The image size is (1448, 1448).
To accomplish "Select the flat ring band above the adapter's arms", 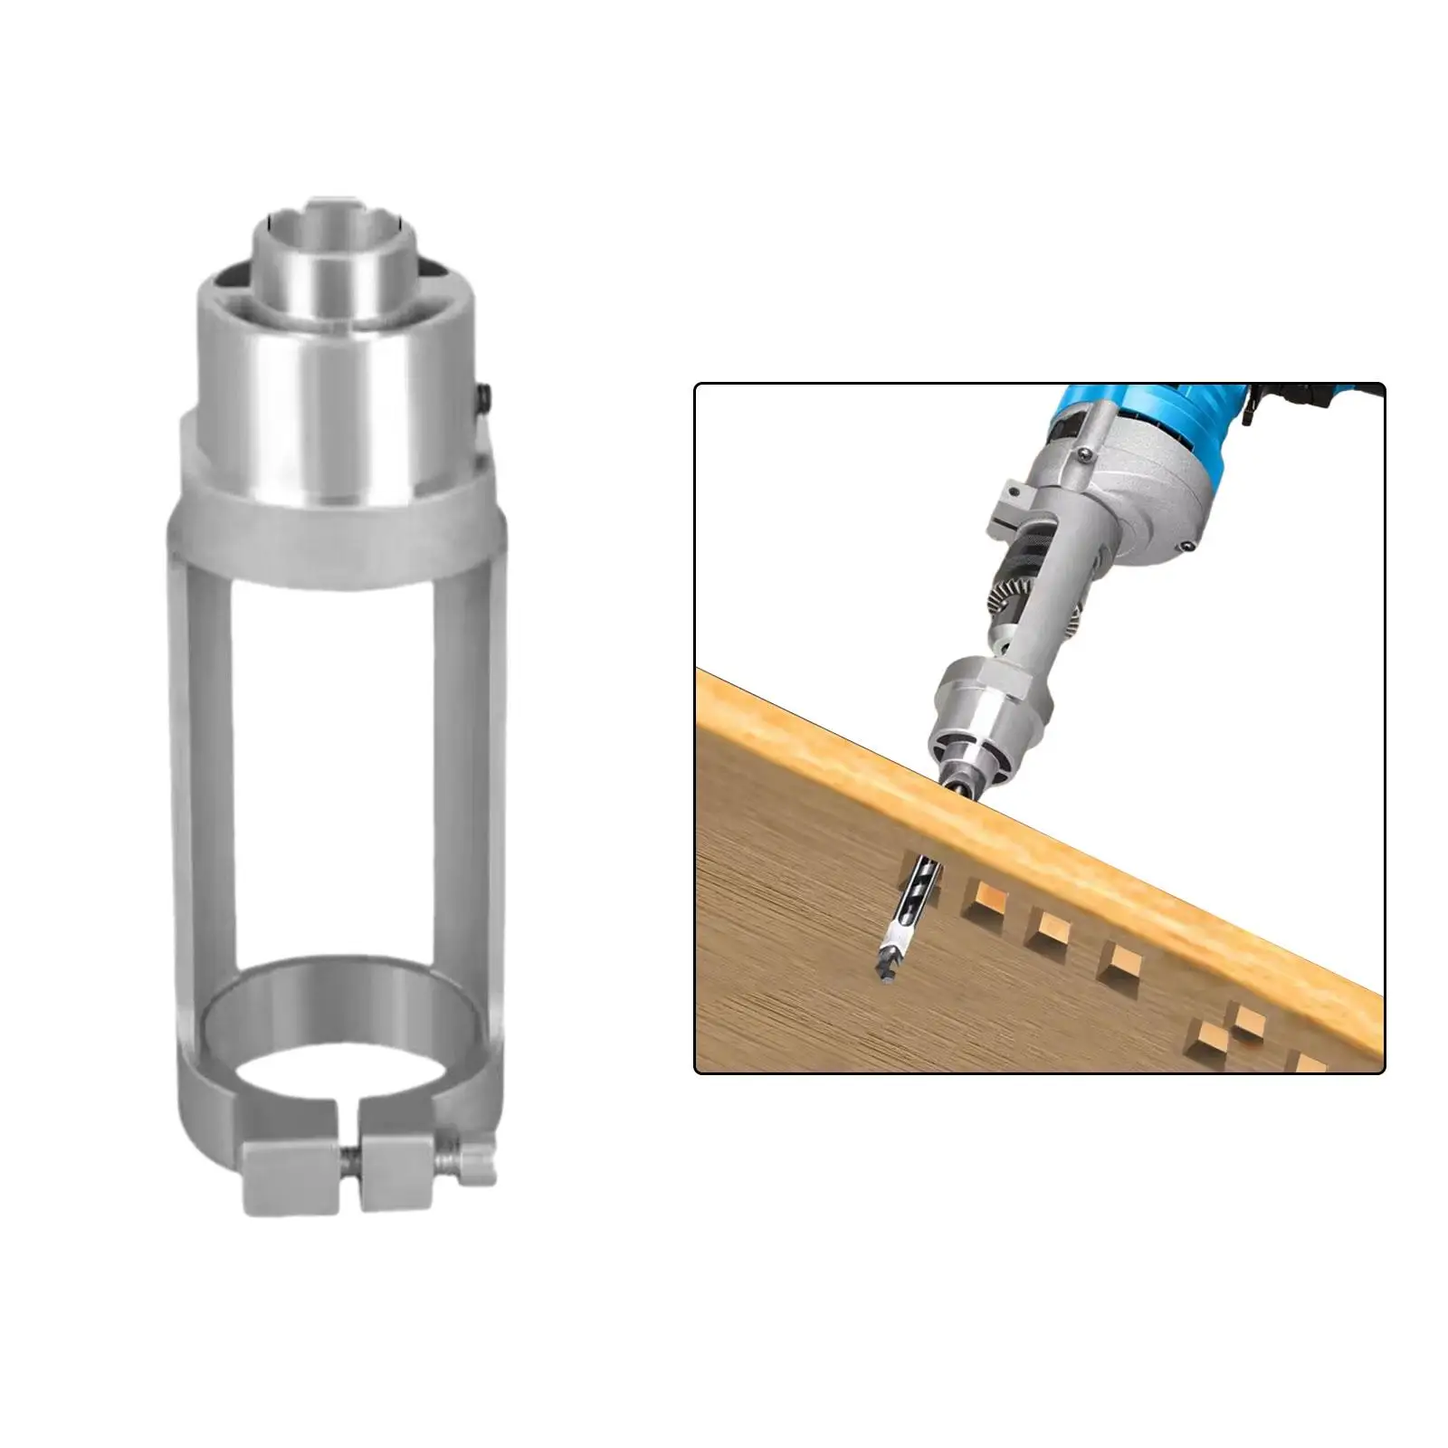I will (335, 543).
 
